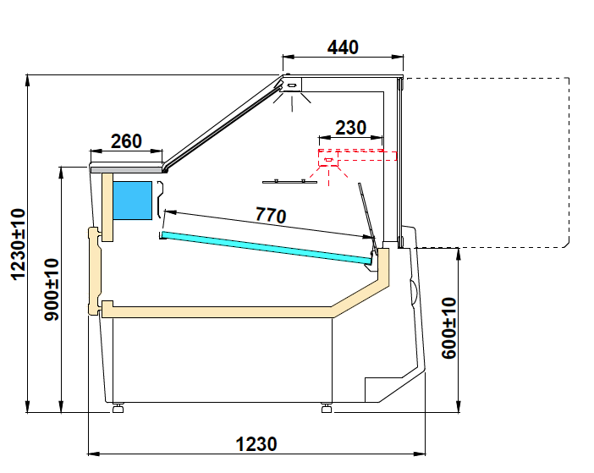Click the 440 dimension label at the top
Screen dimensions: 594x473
pyautogui.click(x=343, y=47)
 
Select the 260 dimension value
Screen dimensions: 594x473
pyautogui.click(x=126, y=141)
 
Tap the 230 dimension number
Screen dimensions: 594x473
pyautogui.click(x=351, y=128)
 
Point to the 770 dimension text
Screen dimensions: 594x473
pyautogui.click(x=271, y=215)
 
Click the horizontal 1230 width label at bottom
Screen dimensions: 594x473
pyautogui.click(x=256, y=444)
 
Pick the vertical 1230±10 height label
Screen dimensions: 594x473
pyautogui.click(x=18, y=245)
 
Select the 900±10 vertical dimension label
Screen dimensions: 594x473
pyautogui.click(x=52, y=289)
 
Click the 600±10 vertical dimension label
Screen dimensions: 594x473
pyautogui.click(x=449, y=328)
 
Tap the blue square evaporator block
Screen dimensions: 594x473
pyautogui.click(x=133, y=201)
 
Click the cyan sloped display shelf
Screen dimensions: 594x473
pyautogui.click(x=267, y=248)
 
